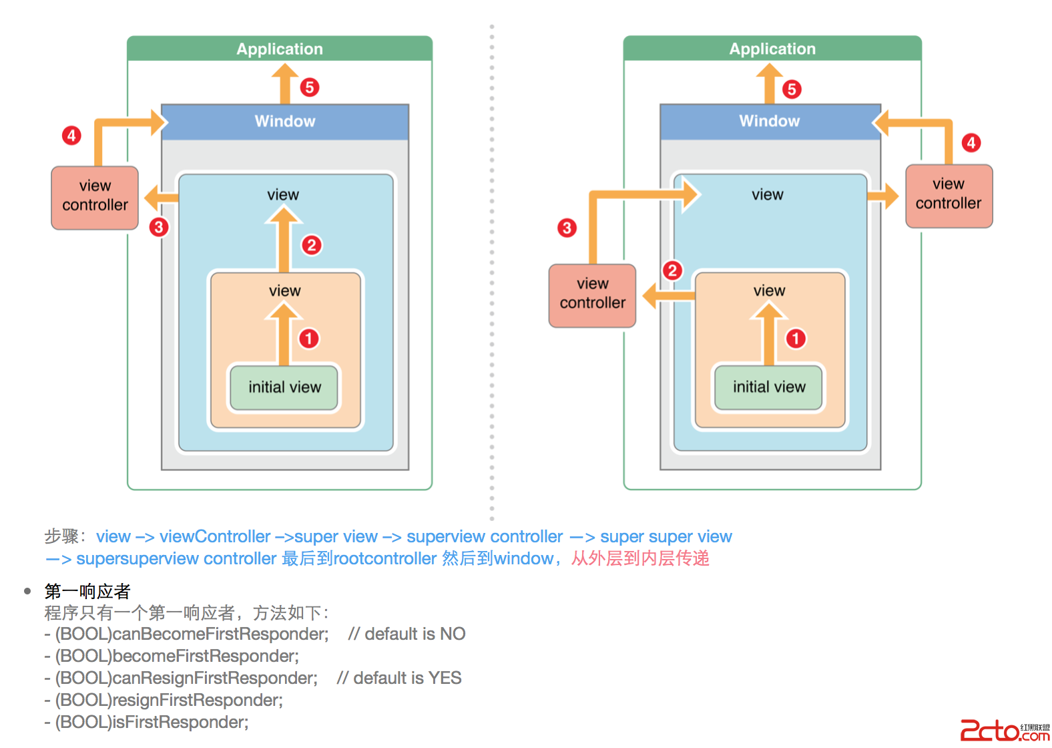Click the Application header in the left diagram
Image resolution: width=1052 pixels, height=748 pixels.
[x=280, y=49]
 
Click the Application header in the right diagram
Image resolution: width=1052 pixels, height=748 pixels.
[x=772, y=49]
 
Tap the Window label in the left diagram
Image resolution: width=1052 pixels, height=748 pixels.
[x=285, y=122]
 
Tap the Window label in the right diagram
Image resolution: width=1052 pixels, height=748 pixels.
[x=770, y=122]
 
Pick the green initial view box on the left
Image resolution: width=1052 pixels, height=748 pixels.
[x=284, y=387]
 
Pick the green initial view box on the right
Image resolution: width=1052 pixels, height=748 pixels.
[x=769, y=387]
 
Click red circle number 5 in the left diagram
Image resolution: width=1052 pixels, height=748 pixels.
[x=310, y=87]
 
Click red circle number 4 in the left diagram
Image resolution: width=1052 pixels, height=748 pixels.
[x=71, y=136]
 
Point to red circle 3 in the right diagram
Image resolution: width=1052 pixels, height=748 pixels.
[x=567, y=228]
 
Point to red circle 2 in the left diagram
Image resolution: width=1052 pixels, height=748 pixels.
[x=311, y=245]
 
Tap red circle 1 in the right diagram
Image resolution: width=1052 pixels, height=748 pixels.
[x=796, y=339]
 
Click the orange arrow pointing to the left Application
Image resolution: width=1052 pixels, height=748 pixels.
[x=285, y=83]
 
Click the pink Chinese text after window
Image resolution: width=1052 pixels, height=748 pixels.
[x=640, y=558]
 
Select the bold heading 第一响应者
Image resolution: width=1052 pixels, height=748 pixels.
[x=87, y=591]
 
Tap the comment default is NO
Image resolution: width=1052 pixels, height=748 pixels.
[x=407, y=634]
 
